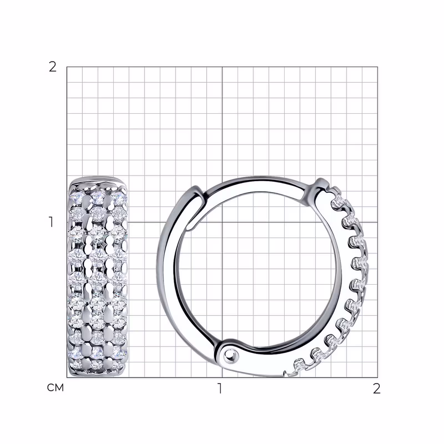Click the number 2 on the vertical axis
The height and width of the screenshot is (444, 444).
(52, 67)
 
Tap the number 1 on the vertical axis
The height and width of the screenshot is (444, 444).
(51, 222)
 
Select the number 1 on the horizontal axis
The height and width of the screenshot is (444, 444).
(220, 389)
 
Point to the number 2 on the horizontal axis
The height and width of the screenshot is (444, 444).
(376, 389)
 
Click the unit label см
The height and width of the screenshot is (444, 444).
(56, 388)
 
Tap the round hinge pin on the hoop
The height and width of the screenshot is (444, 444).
(230, 354)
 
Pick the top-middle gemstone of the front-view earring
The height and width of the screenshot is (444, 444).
(98, 198)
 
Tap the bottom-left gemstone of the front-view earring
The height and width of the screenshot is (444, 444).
(75, 364)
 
